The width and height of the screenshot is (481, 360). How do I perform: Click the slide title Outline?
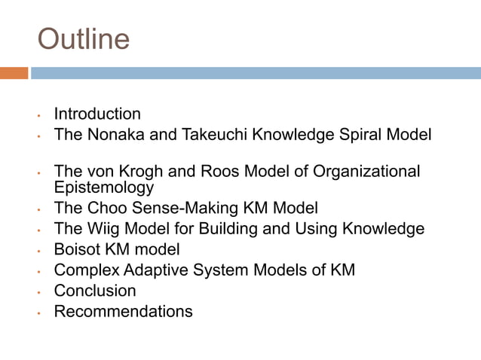tap(83, 39)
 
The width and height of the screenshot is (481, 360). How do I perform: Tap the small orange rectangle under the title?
tap(14, 73)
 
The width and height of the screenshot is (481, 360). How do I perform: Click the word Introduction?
tap(97, 114)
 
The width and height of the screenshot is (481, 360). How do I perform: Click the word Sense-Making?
tap(194, 208)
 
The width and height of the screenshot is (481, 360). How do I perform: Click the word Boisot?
tap(78, 249)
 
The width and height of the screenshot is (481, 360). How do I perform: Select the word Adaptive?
tap(150, 270)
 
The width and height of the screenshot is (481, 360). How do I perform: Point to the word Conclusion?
tap(95, 291)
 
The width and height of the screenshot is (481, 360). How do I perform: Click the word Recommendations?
tap(123, 311)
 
